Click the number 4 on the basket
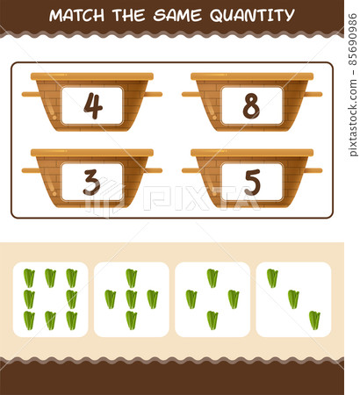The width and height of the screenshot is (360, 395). (92, 105)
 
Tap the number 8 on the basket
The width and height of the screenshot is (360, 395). (251, 105)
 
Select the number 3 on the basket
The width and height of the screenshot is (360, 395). (92, 182)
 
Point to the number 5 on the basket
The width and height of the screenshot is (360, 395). (252, 182)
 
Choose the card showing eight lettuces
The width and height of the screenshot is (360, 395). (50, 299)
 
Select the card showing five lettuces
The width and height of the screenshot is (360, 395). (131, 299)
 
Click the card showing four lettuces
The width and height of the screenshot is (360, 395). (212, 299)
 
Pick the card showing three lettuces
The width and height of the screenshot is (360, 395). (292, 299)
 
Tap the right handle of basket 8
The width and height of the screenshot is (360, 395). (314, 94)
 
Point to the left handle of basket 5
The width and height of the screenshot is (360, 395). (189, 170)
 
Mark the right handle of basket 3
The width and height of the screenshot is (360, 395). (155, 170)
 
